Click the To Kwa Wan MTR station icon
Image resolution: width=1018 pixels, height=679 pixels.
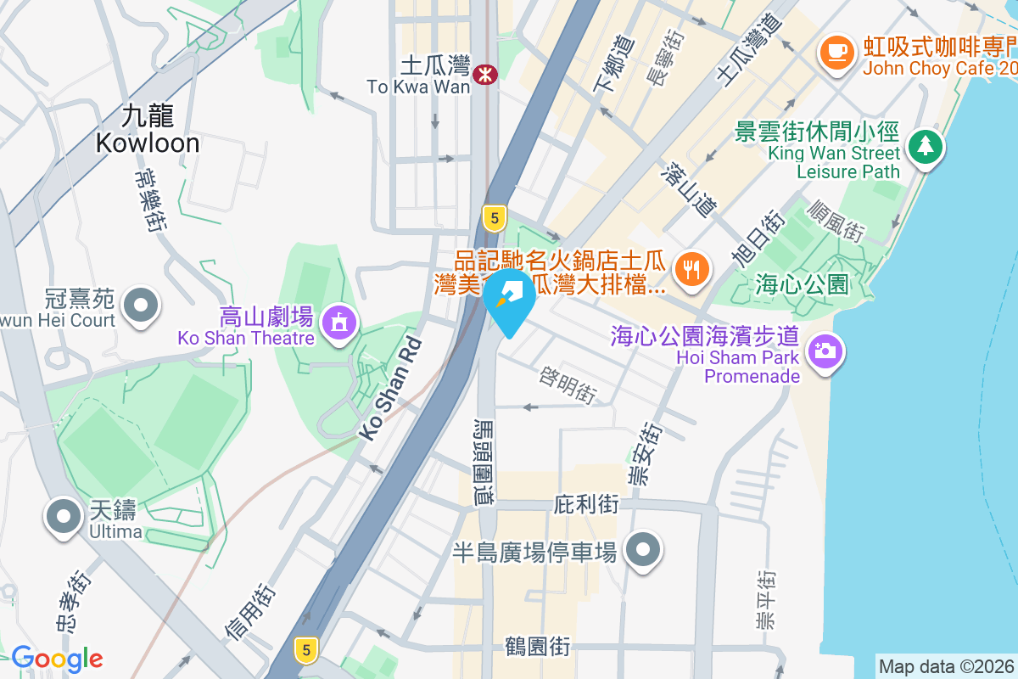485,74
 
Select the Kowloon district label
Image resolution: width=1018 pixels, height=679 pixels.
148,129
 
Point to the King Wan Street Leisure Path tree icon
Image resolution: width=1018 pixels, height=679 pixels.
925,147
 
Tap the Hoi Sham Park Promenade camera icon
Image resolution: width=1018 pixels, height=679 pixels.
823,349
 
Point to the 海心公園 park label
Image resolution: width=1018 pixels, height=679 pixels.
802,284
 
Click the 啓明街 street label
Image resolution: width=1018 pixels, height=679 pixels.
569,384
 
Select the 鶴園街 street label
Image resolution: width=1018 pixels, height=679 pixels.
536,648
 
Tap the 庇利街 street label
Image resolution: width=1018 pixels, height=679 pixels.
586,504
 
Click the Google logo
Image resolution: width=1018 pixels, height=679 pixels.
57,659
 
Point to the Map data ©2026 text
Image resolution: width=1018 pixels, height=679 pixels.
946,666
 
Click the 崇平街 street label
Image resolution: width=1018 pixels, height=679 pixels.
766,600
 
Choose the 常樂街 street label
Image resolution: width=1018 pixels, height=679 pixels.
148,200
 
